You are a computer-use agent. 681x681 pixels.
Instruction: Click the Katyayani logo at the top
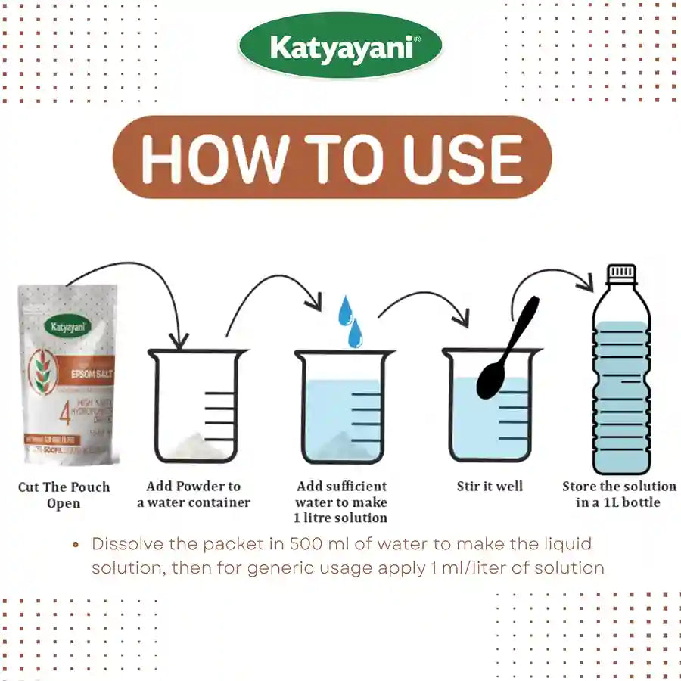click(340, 48)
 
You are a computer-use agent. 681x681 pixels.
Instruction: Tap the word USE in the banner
click(463, 158)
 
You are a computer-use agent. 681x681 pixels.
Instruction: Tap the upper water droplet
click(345, 309)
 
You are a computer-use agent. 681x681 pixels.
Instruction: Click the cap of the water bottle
click(621, 272)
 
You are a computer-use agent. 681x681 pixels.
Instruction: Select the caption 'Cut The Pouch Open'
click(64, 495)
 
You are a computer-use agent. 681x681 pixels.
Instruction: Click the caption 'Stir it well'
click(490, 487)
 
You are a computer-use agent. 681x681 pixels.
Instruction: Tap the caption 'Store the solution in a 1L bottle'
click(619, 494)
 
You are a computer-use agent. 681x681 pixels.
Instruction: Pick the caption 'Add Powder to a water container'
click(194, 494)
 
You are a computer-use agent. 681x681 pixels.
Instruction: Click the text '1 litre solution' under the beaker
click(340, 518)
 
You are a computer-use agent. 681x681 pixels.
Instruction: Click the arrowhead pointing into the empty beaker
click(179, 342)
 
